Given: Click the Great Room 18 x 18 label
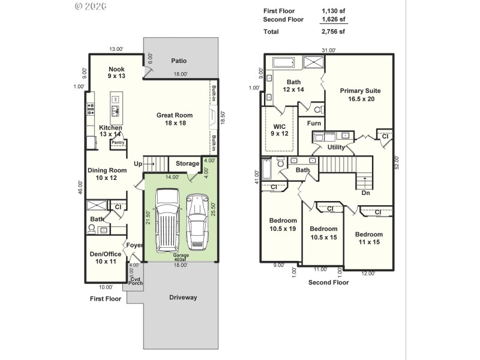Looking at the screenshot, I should click(x=175, y=119).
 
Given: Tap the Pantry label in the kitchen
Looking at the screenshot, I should click(x=118, y=142).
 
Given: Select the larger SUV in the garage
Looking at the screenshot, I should click(x=167, y=221).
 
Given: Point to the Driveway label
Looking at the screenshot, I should click(x=182, y=297).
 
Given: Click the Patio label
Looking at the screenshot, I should click(x=179, y=61).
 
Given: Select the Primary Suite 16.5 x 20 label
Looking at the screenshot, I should click(x=360, y=95).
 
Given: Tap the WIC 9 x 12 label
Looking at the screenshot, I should click(x=280, y=130).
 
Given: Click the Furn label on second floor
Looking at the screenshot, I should click(x=314, y=124).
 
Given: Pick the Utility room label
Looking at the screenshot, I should click(x=336, y=147).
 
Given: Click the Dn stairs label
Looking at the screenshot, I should click(x=366, y=193).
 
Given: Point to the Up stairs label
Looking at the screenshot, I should click(x=138, y=163).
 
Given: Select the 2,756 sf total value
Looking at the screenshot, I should click(x=334, y=31).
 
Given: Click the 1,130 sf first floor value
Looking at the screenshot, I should click(x=334, y=11).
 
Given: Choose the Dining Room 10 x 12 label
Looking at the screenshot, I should click(x=107, y=174).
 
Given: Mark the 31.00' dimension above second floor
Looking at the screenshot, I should click(x=329, y=50).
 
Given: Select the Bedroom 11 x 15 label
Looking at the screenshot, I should click(x=369, y=238).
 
